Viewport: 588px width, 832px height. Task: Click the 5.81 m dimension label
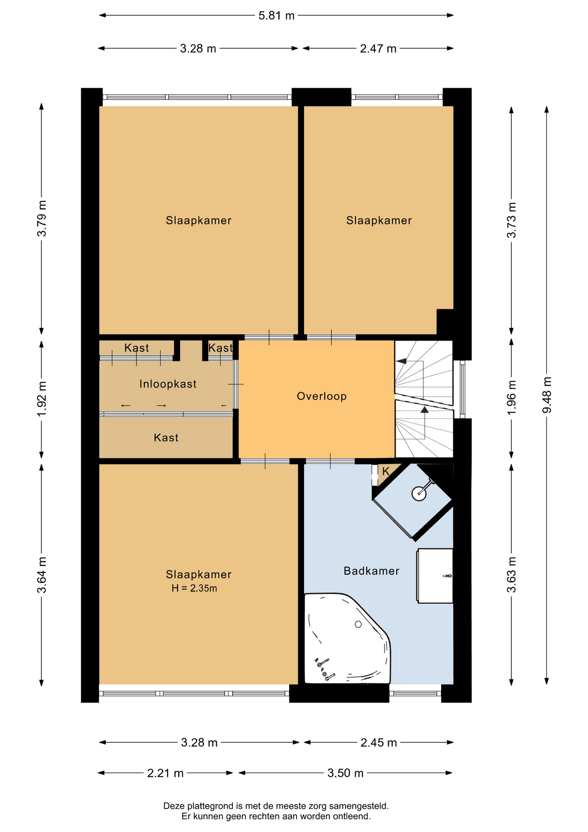click(x=276, y=16)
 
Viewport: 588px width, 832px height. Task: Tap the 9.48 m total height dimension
click(x=547, y=395)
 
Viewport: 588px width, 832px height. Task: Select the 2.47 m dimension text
click(x=378, y=49)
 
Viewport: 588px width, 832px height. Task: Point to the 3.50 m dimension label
click(x=345, y=773)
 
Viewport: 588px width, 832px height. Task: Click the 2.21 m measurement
click(x=165, y=773)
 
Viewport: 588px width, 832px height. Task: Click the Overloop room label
click(x=322, y=396)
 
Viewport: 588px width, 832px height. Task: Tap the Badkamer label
click(x=372, y=571)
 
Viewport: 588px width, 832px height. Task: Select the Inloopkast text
click(x=168, y=384)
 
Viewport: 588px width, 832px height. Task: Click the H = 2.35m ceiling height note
click(x=194, y=588)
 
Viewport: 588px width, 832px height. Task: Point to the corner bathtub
click(x=347, y=638)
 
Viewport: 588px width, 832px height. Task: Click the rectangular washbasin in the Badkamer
click(x=435, y=576)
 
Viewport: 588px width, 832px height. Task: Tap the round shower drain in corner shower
click(x=419, y=493)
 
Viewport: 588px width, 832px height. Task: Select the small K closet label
click(x=386, y=471)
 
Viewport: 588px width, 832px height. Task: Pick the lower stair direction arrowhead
click(x=424, y=409)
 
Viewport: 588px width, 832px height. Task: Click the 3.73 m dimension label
click(x=511, y=220)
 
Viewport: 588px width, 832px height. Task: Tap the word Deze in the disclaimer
click(x=173, y=806)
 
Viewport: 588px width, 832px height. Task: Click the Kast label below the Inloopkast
click(x=166, y=438)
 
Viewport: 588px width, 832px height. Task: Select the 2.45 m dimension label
click(x=379, y=743)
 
